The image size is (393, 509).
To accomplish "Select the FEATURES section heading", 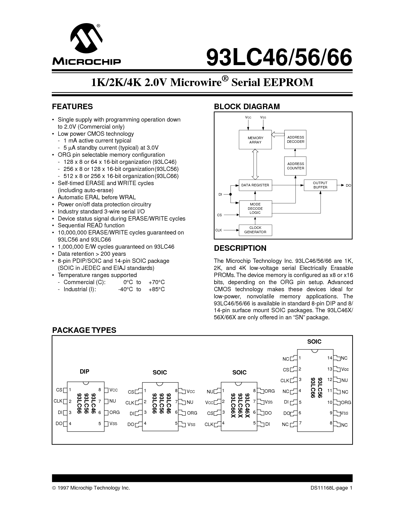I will click(x=72, y=107).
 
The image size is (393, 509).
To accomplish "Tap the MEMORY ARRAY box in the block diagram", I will click(x=255, y=140).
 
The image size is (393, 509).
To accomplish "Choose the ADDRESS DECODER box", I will click(x=295, y=139).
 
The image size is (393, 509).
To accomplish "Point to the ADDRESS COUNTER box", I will click(x=295, y=166).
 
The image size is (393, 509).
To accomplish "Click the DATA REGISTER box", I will click(x=255, y=185).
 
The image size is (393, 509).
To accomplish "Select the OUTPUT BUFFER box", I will click(x=320, y=185).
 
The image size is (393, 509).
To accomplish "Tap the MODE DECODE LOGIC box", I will click(x=255, y=209).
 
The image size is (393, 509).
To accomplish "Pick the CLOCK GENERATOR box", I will click(x=255, y=230).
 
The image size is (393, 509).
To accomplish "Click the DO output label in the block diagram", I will click(x=348, y=185).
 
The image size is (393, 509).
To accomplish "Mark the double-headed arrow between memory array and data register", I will click(x=255, y=164).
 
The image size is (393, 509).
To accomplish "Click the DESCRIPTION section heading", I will click(x=240, y=248).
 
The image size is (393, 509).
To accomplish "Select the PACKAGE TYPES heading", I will click(x=84, y=330).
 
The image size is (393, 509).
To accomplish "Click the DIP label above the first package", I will click(x=84, y=371).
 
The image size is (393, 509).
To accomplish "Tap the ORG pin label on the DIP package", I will click(x=114, y=412).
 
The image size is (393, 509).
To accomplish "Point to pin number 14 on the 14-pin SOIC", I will click(x=330, y=358).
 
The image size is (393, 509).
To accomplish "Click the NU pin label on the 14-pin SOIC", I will click(x=344, y=380).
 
